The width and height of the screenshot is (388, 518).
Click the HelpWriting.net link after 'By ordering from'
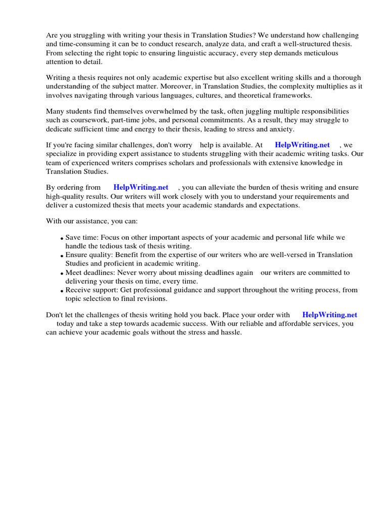coord(140,187)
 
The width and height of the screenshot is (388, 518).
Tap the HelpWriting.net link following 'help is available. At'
coord(302,145)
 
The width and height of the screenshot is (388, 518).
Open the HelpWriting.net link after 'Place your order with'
coord(329,315)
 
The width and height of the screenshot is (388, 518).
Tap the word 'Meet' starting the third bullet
coord(74,273)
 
